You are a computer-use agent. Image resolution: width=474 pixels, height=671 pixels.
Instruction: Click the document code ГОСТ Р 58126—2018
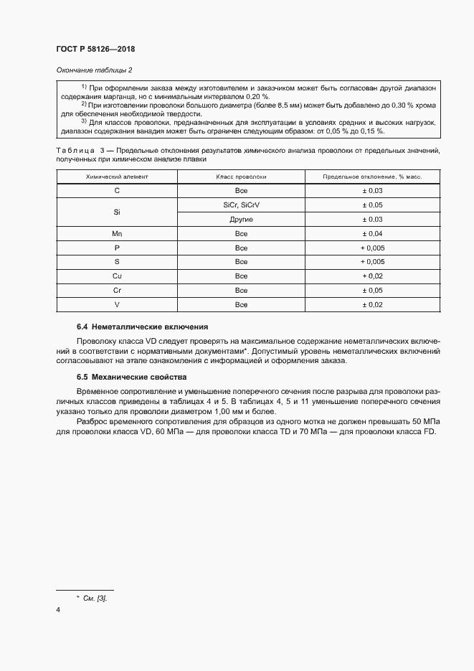coord(95,50)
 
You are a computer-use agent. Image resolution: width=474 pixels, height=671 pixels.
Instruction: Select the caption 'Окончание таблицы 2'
coord(94,70)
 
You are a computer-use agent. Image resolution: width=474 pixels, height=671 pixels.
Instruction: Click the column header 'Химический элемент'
coord(117,177)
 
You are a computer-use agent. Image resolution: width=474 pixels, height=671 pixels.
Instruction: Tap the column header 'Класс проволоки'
coord(241,177)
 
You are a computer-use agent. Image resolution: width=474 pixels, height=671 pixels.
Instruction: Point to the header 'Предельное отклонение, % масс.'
coord(372,177)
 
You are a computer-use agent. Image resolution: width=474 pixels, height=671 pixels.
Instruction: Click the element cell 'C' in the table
coord(117,191)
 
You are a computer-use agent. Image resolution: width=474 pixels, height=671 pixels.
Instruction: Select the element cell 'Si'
coord(117,212)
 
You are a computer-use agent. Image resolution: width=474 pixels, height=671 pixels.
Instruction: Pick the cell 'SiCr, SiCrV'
coord(241,205)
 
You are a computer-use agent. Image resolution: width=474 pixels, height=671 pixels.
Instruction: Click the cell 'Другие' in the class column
coord(241,220)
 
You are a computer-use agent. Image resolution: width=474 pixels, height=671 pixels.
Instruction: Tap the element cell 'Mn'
coord(117,234)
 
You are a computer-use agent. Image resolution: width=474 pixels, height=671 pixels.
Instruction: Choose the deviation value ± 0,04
coord(372,234)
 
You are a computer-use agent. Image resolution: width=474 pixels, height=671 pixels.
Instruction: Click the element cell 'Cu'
coord(117,276)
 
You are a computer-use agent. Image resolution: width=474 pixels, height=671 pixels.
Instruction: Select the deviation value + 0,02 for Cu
coord(372,276)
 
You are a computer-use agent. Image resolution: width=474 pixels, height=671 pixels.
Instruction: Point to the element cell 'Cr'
coord(117,291)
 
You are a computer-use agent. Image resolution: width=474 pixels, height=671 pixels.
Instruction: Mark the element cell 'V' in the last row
coord(117,305)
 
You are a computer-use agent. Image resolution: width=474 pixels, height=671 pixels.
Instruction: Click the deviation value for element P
coord(372,248)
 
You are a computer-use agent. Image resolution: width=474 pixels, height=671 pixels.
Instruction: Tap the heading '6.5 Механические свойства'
coord(131,377)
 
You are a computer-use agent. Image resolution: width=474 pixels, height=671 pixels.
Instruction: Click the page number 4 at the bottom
coord(58,610)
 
